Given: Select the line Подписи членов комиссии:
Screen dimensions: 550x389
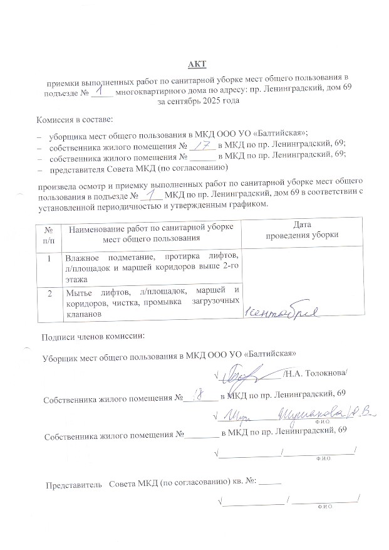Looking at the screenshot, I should click(93, 336).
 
